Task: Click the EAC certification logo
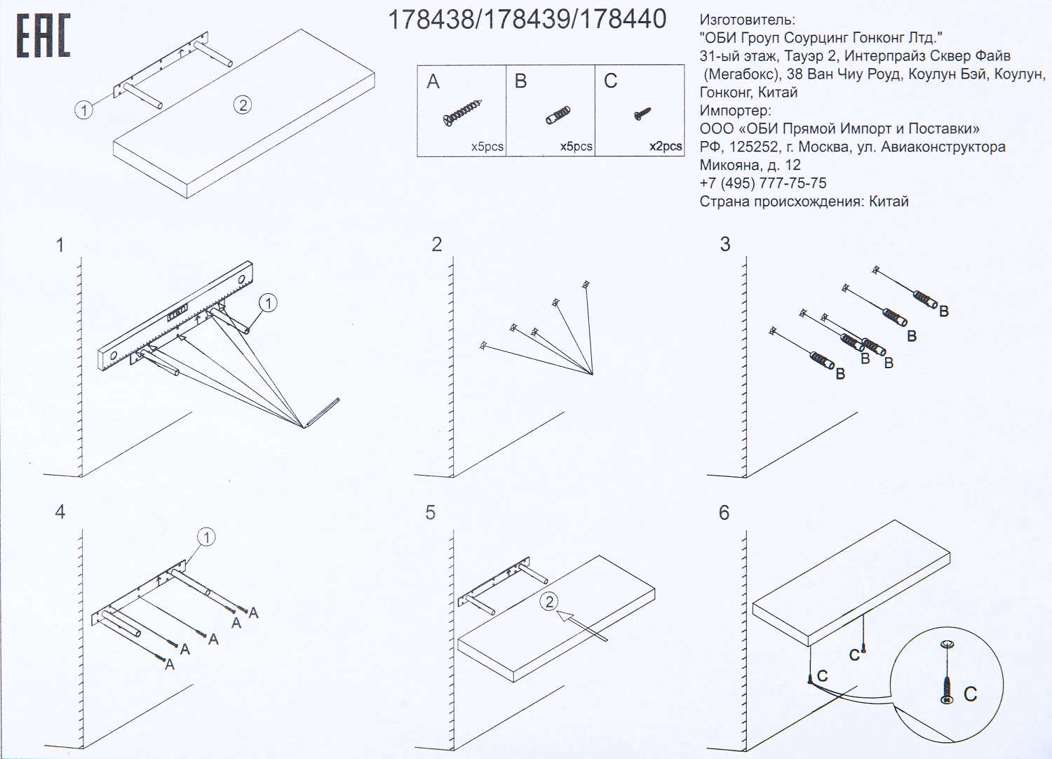tap(43, 36)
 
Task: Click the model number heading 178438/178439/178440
tap(527, 20)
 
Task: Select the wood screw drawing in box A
tap(463, 113)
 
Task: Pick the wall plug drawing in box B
tap(558, 114)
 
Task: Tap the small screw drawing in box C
tap(642, 114)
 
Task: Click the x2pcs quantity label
tap(666, 147)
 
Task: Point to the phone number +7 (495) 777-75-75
tap(763, 183)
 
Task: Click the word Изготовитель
tap(748, 20)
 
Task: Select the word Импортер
tap(736, 111)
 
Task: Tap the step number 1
tap(60, 245)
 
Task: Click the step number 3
tap(725, 244)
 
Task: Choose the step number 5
tap(430, 512)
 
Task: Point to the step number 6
tap(724, 513)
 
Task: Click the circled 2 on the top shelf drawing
tap(243, 105)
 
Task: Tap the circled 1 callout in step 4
tap(206, 537)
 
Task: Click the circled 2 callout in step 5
tap(549, 602)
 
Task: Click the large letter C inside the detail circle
tap(970, 694)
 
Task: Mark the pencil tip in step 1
tap(304, 427)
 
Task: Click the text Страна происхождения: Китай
tap(804, 201)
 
